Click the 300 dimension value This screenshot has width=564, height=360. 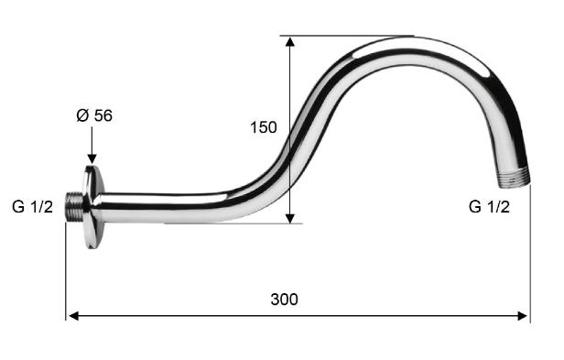[284, 300]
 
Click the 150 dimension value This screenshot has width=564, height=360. [264, 127]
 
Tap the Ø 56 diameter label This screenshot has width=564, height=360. [94, 115]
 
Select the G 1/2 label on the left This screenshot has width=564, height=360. [32, 207]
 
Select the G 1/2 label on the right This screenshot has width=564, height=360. [489, 207]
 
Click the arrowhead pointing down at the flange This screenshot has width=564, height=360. [92, 158]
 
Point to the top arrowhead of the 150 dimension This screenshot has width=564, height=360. [290, 41]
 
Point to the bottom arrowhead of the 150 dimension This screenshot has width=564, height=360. [290, 218]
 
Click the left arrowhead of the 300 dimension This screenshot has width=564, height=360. [73, 316]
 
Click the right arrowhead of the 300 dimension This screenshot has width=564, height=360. [522, 316]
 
